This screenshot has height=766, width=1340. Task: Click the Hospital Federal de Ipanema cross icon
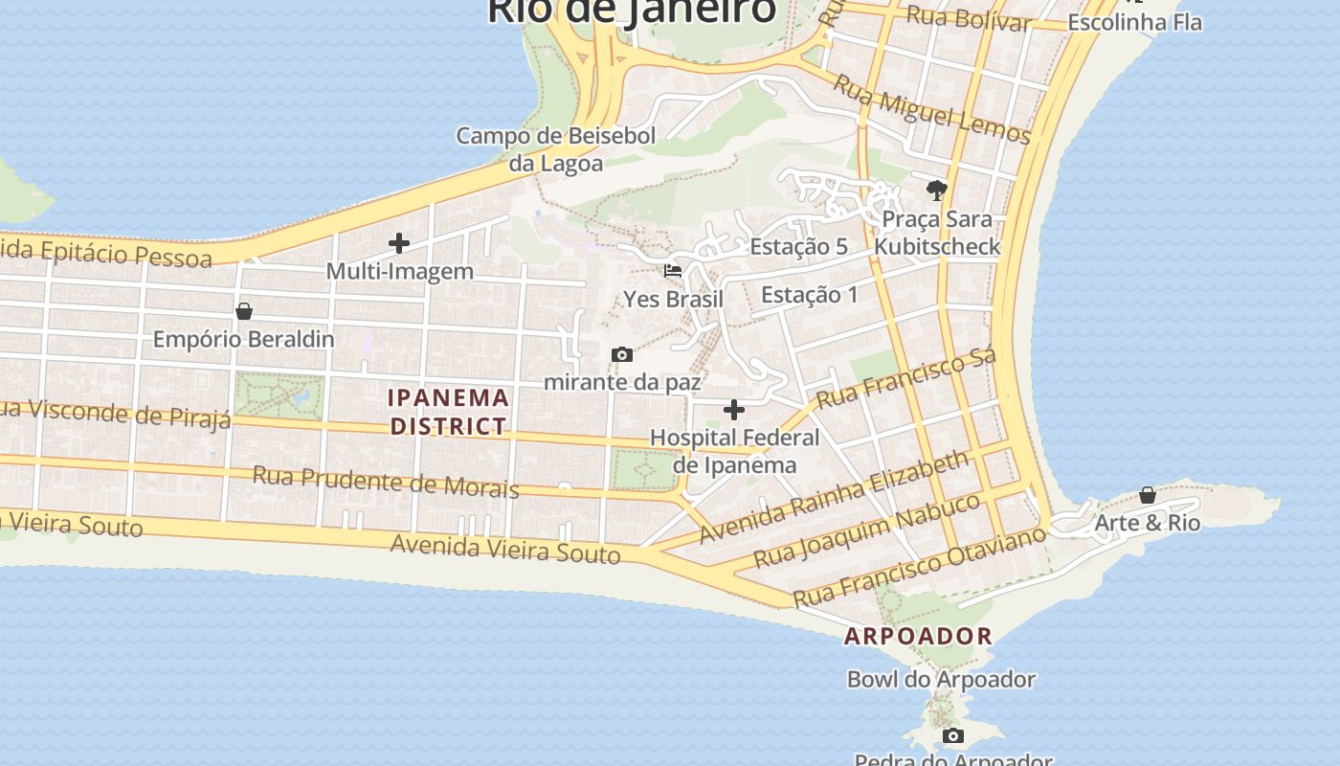coord(734,410)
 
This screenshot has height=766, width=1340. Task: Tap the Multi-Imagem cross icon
coord(399,243)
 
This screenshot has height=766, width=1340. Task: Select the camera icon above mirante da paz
coord(622,355)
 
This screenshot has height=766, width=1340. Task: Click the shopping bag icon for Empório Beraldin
coord(244,311)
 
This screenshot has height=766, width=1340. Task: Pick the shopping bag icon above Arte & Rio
coord(1147,495)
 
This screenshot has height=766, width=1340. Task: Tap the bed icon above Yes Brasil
coord(673,271)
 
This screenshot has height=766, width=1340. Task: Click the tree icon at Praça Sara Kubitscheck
coord(937,190)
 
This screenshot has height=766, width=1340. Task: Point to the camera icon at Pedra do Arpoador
coord(952,735)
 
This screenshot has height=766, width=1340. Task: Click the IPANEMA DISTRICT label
coord(448,412)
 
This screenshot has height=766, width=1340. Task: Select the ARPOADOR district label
coord(918,636)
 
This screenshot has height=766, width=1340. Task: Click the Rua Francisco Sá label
coord(905,378)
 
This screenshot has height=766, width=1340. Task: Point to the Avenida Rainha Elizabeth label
coord(834,499)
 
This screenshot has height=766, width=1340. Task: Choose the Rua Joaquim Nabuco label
coord(867,531)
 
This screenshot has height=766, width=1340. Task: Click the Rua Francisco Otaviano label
coord(920,566)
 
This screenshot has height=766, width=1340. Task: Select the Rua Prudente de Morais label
coord(385,482)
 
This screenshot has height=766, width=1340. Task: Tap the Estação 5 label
coord(798,247)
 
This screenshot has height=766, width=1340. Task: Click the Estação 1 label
coord(809,295)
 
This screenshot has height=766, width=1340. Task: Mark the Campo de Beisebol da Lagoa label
coord(555,149)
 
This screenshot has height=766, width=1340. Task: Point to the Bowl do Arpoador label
coord(941,680)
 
